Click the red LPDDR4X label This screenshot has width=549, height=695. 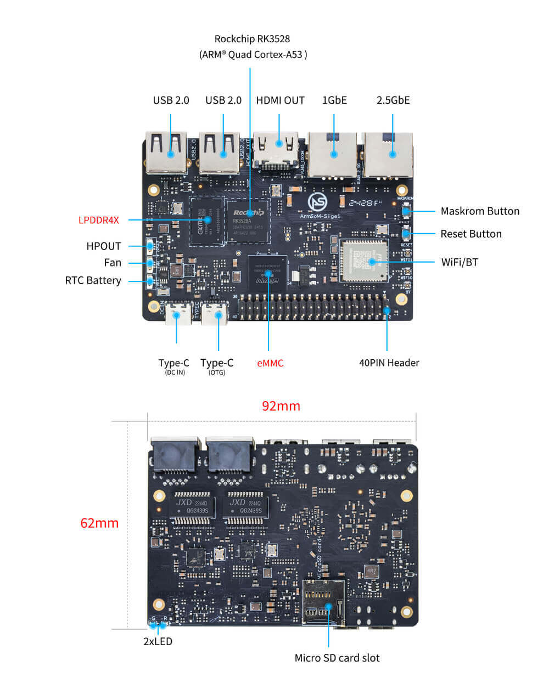(98, 220)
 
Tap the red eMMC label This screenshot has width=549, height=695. (270, 363)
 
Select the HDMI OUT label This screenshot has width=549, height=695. (280, 100)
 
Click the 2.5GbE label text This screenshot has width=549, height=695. (393, 100)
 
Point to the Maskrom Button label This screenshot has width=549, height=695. (480, 211)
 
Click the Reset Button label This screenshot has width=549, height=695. (471, 234)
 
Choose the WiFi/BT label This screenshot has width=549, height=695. (460, 262)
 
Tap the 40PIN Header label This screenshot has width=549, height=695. (389, 363)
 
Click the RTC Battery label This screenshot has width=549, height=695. (93, 280)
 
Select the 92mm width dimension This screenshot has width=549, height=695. (281, 406)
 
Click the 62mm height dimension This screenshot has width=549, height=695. (99, 523)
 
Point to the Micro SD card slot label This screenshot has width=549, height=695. (337, 658)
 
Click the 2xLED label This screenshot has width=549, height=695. (158, 641)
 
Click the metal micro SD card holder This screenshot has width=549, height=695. (323, 602)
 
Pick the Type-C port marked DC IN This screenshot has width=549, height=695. (177, 314)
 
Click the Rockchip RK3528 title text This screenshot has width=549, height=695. (252, 39)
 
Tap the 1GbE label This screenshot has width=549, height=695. (334, 100)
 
